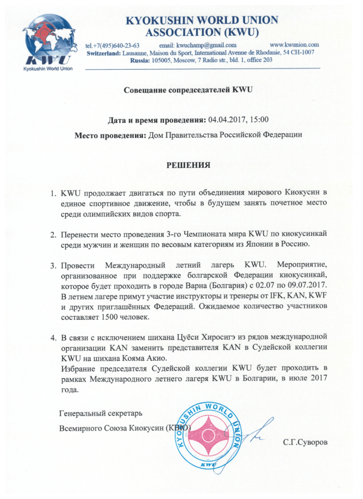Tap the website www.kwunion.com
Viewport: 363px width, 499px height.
point(294,44)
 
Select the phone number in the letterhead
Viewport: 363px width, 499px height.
point(112,44)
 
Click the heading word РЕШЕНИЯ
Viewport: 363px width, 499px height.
point(188,166)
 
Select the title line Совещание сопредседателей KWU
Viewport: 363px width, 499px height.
point(188,90)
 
